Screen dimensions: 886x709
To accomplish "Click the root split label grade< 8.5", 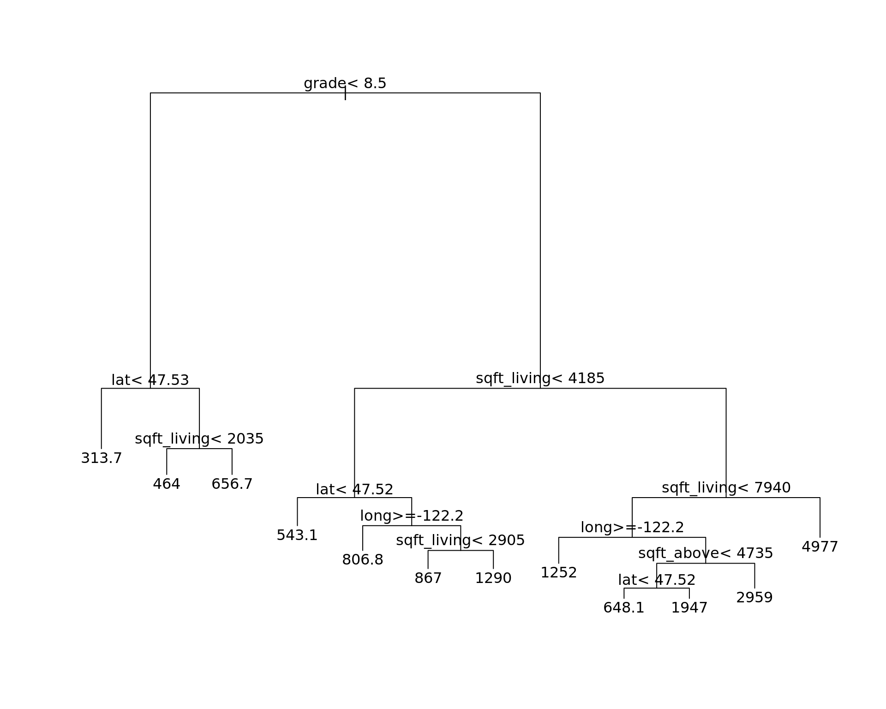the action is pos(345,84).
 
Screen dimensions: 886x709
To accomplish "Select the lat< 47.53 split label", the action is pos(150,380).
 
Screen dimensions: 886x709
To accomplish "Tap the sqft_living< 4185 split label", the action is pos(540,379).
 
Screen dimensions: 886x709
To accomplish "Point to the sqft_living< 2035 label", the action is pos(199,439).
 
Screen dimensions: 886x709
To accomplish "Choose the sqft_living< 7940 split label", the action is pos(726,488).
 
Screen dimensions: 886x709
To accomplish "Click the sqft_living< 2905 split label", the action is pos(460,541).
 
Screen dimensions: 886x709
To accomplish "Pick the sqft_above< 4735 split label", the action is pos(705,553).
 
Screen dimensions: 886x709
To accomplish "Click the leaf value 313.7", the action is pos(101,458).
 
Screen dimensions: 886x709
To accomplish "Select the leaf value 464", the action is pos(166,484).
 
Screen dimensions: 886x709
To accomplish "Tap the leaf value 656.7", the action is pos(232,484).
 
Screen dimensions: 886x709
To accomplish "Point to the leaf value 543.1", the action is pos(297,535).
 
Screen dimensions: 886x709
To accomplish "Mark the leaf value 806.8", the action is pos(362,560).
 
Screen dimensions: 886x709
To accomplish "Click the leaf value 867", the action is pos(428,578).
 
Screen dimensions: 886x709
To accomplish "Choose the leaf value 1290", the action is pos(493,578).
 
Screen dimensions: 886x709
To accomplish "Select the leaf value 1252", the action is pos(558,573).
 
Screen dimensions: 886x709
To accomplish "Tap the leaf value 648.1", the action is pos(623,608).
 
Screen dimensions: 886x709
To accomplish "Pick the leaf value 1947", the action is pos(689,608).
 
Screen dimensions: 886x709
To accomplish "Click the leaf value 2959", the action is pos(754,598).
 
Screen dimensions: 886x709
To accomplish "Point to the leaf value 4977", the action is pos(820,547).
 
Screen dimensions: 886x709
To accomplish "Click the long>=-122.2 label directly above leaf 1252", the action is pos(632,528).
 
